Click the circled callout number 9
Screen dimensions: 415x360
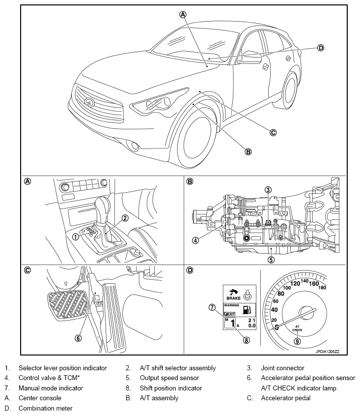[x=297, y=341]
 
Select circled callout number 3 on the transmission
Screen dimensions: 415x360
[x=268, y=190]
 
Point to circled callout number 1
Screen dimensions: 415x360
[x=75, y=237]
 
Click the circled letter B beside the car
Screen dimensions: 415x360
[x=248, y=151]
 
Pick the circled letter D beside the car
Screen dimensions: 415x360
[x=320, y=48]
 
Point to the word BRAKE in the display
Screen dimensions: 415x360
[x=232, y=298]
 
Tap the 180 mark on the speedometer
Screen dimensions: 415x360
[x=322, y=288]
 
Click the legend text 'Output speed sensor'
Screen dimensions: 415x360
[x=169, y=378]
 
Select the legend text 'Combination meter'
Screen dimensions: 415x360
[x=45, y=408]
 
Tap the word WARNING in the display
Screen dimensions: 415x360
[x=232, y=305]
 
